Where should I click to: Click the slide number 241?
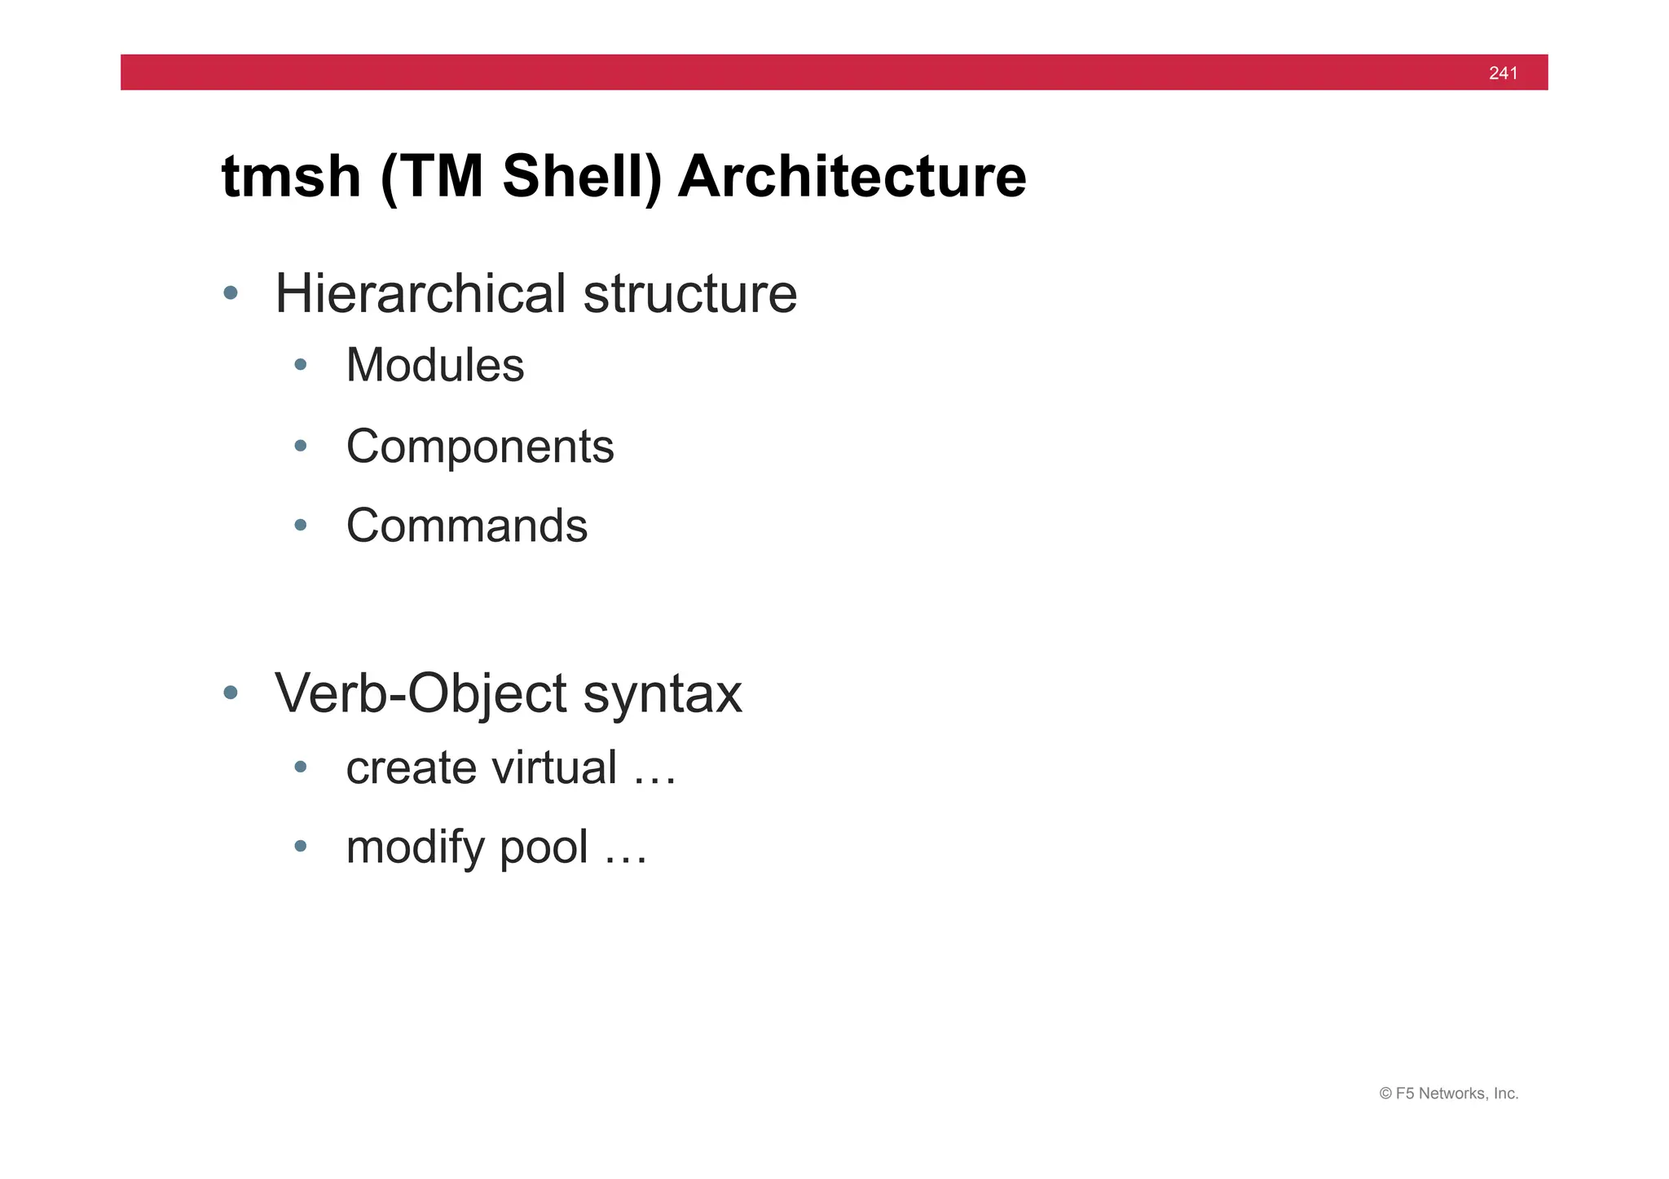click(x=1503, y=73)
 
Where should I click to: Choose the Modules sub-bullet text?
click(x=434, y=364)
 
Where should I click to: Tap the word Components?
click(x=479, y=446)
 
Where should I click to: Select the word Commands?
click(x=466, y=526)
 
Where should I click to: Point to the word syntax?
click(x=662, y=693)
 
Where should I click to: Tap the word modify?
click(x=415, y=847)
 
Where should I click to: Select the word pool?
click(x=543, y=847)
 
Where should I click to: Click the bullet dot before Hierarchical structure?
click(x=231, y=293)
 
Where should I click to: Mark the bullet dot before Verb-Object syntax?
click(x=231, y=693)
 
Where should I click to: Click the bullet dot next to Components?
click(x=301, y=446)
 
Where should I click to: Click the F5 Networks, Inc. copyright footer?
click(x=1448, y=1093)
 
